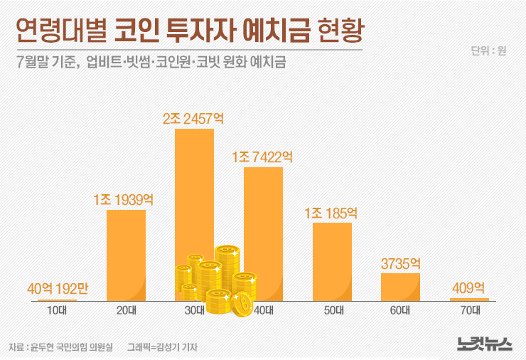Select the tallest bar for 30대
pyautogui.click(x=194, y=185)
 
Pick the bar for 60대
pyautogui.click(x=400, y=286)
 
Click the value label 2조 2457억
pyautogui.click(x=194, y=118)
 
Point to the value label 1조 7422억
pyautogui.click(x=262, y=157)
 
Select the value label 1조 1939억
pyautogui.click(x=126, y=199)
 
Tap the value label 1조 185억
pyautogui.click(x=331, y=213)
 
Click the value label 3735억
pyautogui.click(x=400, y=263)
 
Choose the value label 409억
pyautogui.click(x=468, y=288)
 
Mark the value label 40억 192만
pyautogui.click(x=57, y=289)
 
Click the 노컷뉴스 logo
pyautogui.click(x=483, y=344)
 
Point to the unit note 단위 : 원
pyautogui.click(x=488, y=51)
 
